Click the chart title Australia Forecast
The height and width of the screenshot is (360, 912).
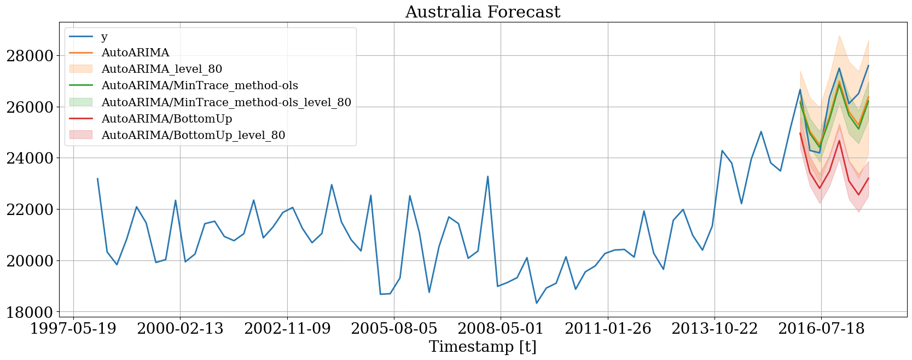(x=483, y=12)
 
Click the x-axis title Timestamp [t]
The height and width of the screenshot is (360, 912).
(x=483, y=347)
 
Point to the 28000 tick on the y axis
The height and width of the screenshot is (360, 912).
(x=30, y=56)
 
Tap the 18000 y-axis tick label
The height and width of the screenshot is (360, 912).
(x=30, y=312)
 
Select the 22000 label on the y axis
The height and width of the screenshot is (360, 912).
(x=30, y=210)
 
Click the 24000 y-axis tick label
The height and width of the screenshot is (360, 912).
(x=30, y=158)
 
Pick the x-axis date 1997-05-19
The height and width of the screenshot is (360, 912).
(x=73, y=329)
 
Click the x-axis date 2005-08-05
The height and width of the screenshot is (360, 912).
(x=394, y=329)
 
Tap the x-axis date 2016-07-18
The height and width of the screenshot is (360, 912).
(x=821, y=329)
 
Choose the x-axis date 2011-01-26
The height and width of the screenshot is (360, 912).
(x=608, y=329)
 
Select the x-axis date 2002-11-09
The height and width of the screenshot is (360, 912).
(x=287, y=329)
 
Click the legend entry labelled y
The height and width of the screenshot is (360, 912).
(x=104, y=37)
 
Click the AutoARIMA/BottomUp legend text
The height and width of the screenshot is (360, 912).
(x=167, y=119)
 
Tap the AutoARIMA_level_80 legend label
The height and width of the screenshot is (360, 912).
(x=162, y=69)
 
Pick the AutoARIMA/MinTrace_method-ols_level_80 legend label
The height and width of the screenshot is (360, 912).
(x=226, y=102)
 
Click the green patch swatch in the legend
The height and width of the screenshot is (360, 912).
(x=81, y=102)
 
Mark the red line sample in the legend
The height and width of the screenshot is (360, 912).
(x=81, y=119)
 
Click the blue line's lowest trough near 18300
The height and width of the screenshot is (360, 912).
(x=537, y=303)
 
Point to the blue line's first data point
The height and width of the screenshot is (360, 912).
(x=97, y=178)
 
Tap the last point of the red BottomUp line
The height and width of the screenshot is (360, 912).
(x=868, y=178)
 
